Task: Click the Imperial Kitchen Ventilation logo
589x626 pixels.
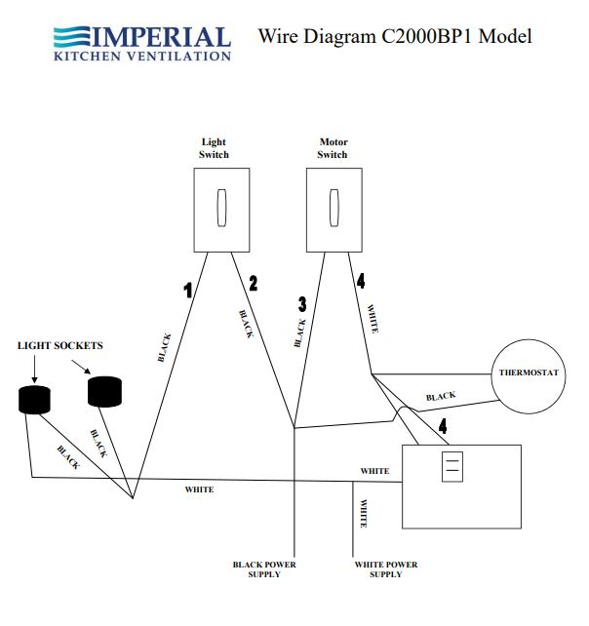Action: pyautogui.click(x=142, y=43)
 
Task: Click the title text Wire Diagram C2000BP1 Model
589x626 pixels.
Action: pyautogui.click(x=395, y=37)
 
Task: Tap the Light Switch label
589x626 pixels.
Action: pyautogui.click(x=214, y=148)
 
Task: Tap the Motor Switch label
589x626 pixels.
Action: pyautogui.click(x=333, y=148)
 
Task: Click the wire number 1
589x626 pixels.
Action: pyautogui.click(x=187, y=289)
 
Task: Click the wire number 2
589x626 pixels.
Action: pyautogui.click(x=254, y=284)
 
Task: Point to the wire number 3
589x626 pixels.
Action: pyautogui.click(x=302, y=303)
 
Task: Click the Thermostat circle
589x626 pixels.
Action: pyautogui.click(x=528, y=373)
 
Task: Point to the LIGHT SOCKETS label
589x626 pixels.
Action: pyautogui.click(x=59, y=346)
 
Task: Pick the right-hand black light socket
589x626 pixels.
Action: pyautogui.click(x=104, y=391)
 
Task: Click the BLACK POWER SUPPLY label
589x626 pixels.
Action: pyautogui.click(x=264, y=569)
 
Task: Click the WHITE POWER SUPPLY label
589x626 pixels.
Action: pyautogui.click(x=386, y=569)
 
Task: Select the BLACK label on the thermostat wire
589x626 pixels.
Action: pyautogui.click(x=441, y=397)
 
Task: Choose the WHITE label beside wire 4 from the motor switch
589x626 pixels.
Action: pyautogui.click(x=372, y=320)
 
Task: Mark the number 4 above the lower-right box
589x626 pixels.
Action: pyautogui.click(x=444, y=426)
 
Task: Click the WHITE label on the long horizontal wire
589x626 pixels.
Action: pyautogui.click(x=199, y=489)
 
